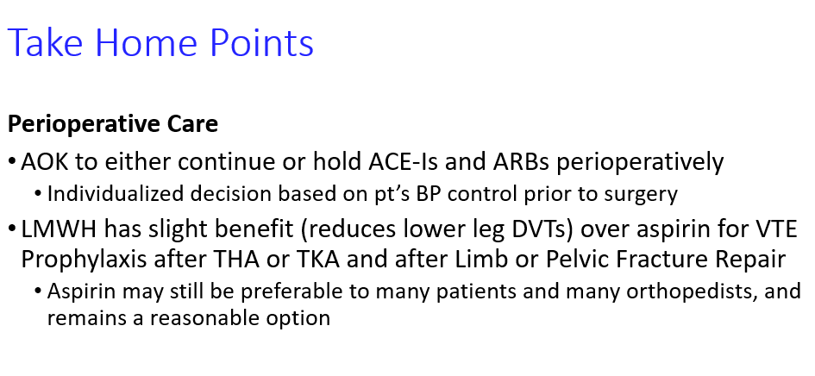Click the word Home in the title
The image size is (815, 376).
tap(147, 41)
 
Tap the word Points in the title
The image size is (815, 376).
tap(262, 41)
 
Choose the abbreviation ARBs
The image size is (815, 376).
tap(521, 162)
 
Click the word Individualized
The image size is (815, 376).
tap(116, 193)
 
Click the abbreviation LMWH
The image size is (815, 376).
tap(59, 229)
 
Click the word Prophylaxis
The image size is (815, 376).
tap(84, 260)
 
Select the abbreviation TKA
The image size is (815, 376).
tap(317, 259)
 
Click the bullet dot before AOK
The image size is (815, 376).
tap(12, 162)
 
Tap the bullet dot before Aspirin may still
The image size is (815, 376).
tap(38, 291)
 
